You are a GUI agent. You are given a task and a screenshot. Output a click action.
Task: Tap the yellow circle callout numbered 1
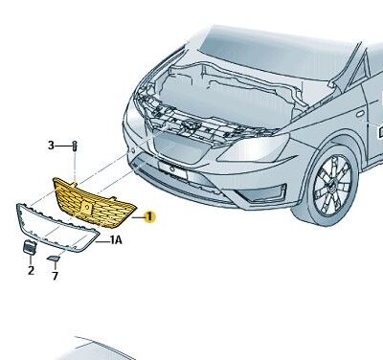coord(149,218)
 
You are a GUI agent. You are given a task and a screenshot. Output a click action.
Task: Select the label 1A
coord(115,240)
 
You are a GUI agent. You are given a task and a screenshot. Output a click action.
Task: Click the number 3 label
coord(52,146)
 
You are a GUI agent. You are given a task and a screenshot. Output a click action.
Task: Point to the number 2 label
coord(30,271)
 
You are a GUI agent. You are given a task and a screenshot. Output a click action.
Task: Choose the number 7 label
coord(56,276)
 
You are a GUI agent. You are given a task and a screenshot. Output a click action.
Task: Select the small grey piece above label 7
coord(54,256)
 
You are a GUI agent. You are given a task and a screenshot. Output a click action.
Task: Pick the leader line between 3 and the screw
coord(63,146)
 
